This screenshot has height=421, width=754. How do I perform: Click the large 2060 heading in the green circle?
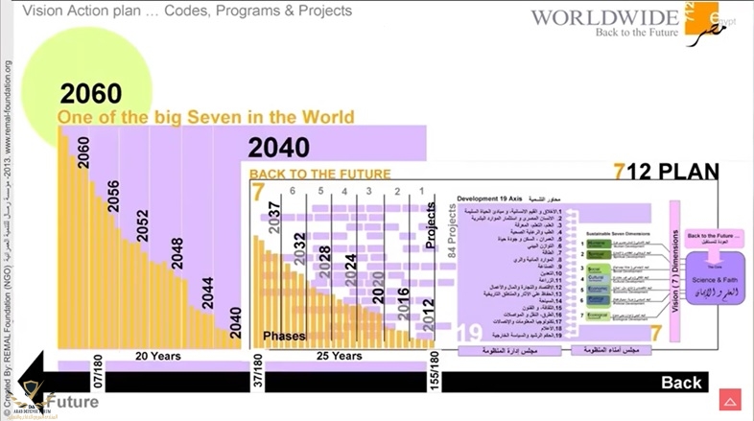[92, 93]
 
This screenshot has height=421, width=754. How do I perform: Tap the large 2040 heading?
[278, 147]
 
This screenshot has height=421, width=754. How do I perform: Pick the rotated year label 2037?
[274, 220]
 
